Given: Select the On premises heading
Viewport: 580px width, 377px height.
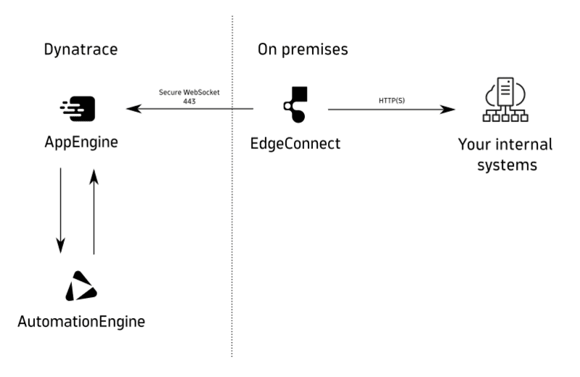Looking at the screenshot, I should coord(303,50).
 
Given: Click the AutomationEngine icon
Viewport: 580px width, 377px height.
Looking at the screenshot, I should coord(81,286).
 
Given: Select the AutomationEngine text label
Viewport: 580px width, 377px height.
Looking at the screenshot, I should coord(81,320).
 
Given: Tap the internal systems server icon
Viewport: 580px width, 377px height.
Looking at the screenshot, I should coord(505,105).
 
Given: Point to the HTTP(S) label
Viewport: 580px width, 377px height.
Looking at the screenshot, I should coord(392,100).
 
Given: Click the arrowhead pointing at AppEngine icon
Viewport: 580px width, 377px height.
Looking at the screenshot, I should coord(131,110).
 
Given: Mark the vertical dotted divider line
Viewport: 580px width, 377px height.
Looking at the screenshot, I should coord(232,218).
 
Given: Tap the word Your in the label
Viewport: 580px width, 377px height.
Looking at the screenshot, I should coord(475,144).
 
